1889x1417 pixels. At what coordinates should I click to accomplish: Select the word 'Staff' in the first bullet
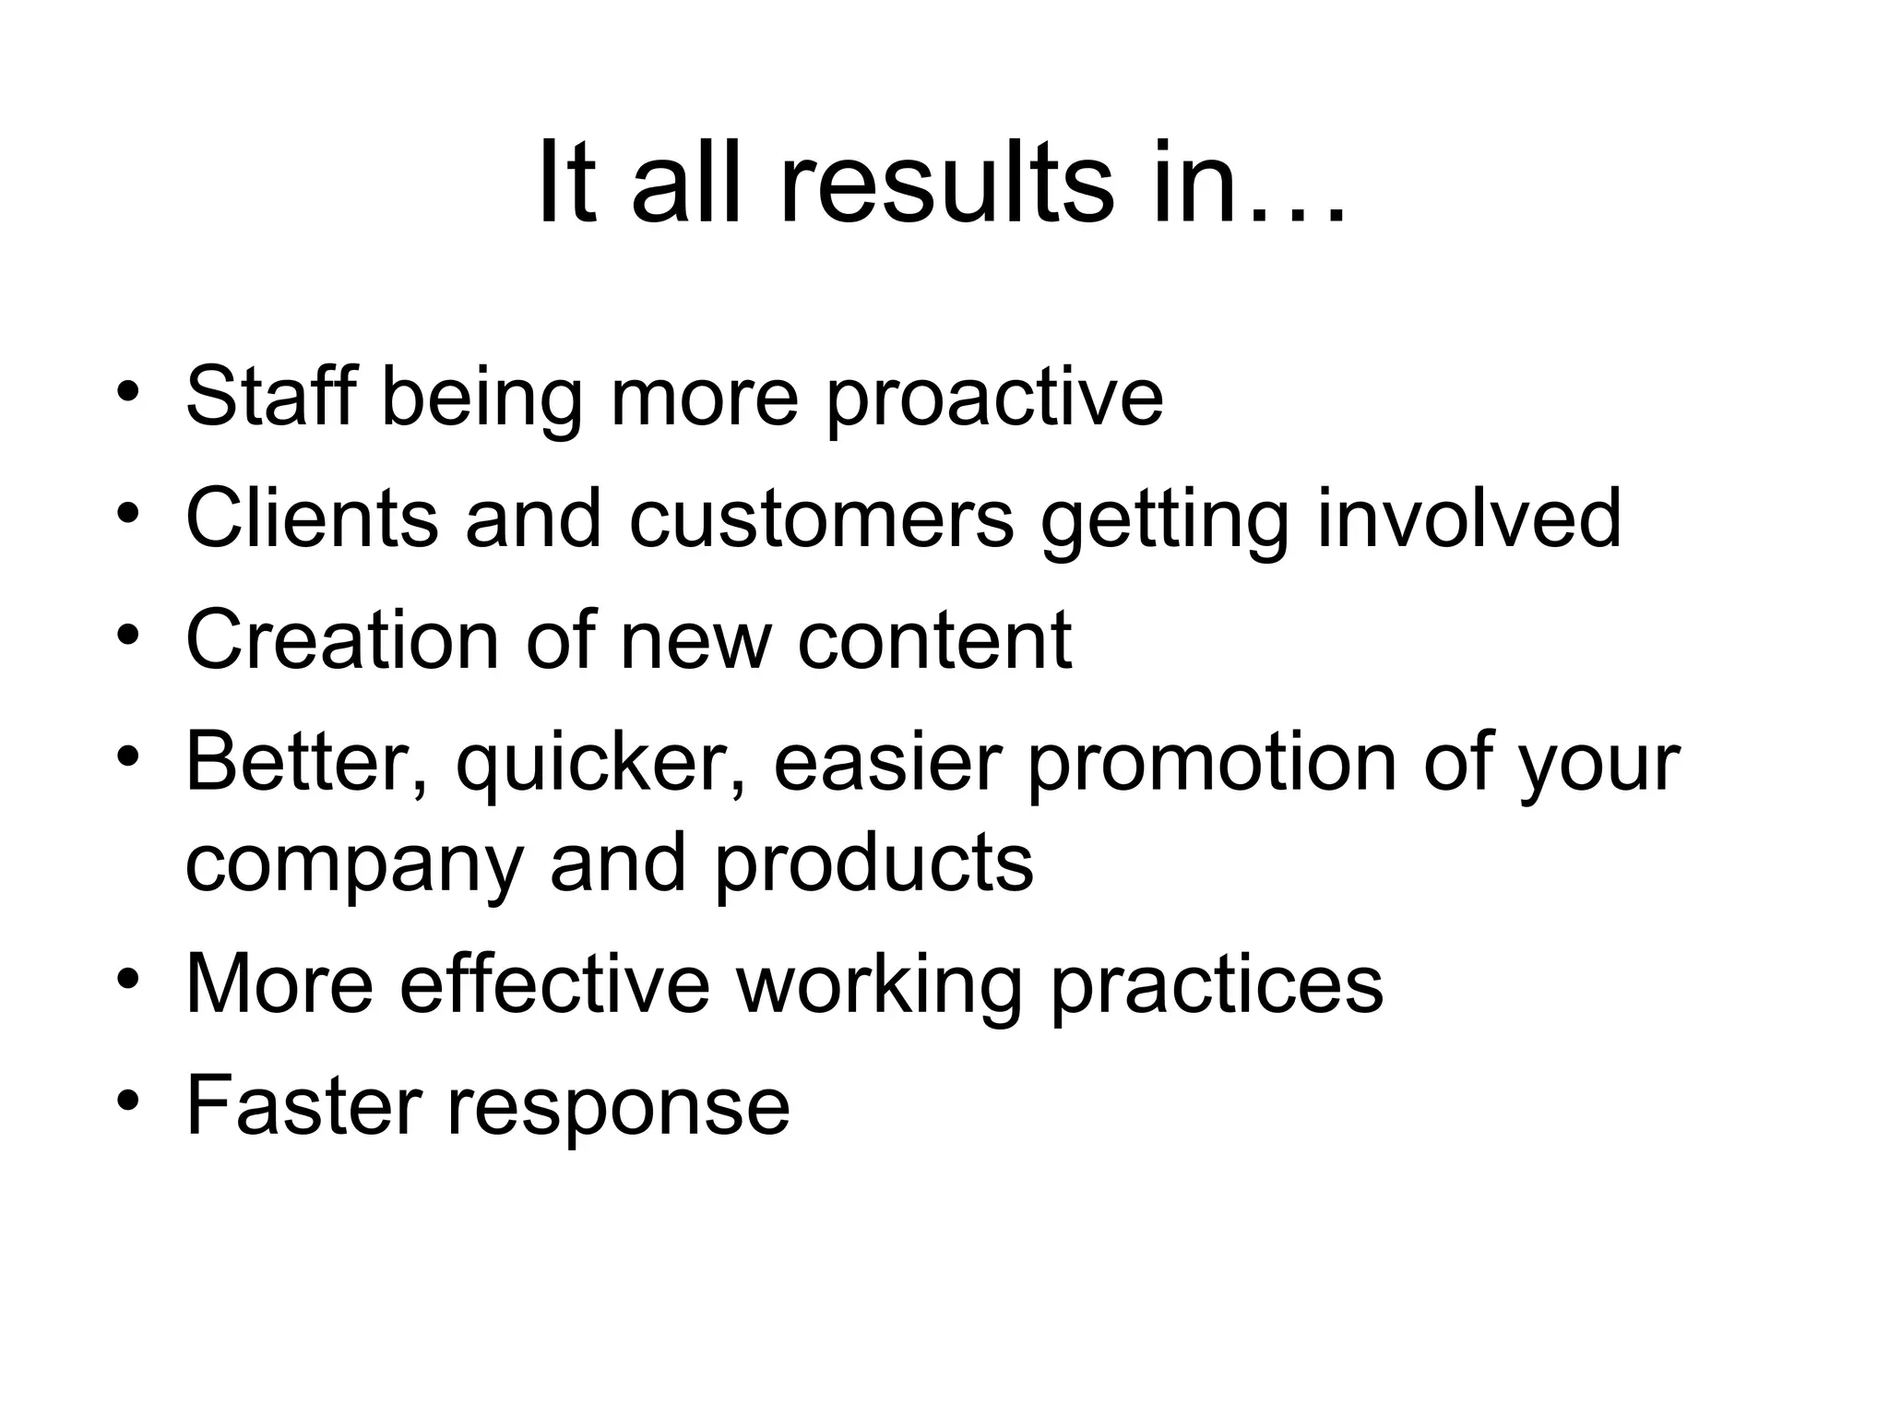click(x=270, y=396)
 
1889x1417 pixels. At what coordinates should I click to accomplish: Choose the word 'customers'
click(x=822, y=519)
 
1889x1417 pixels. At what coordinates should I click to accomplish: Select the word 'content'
click(x=934, y=641)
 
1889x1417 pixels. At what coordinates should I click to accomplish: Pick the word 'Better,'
click(x=307, y=762)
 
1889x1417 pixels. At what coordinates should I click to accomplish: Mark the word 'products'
click(x=873, y=863)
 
